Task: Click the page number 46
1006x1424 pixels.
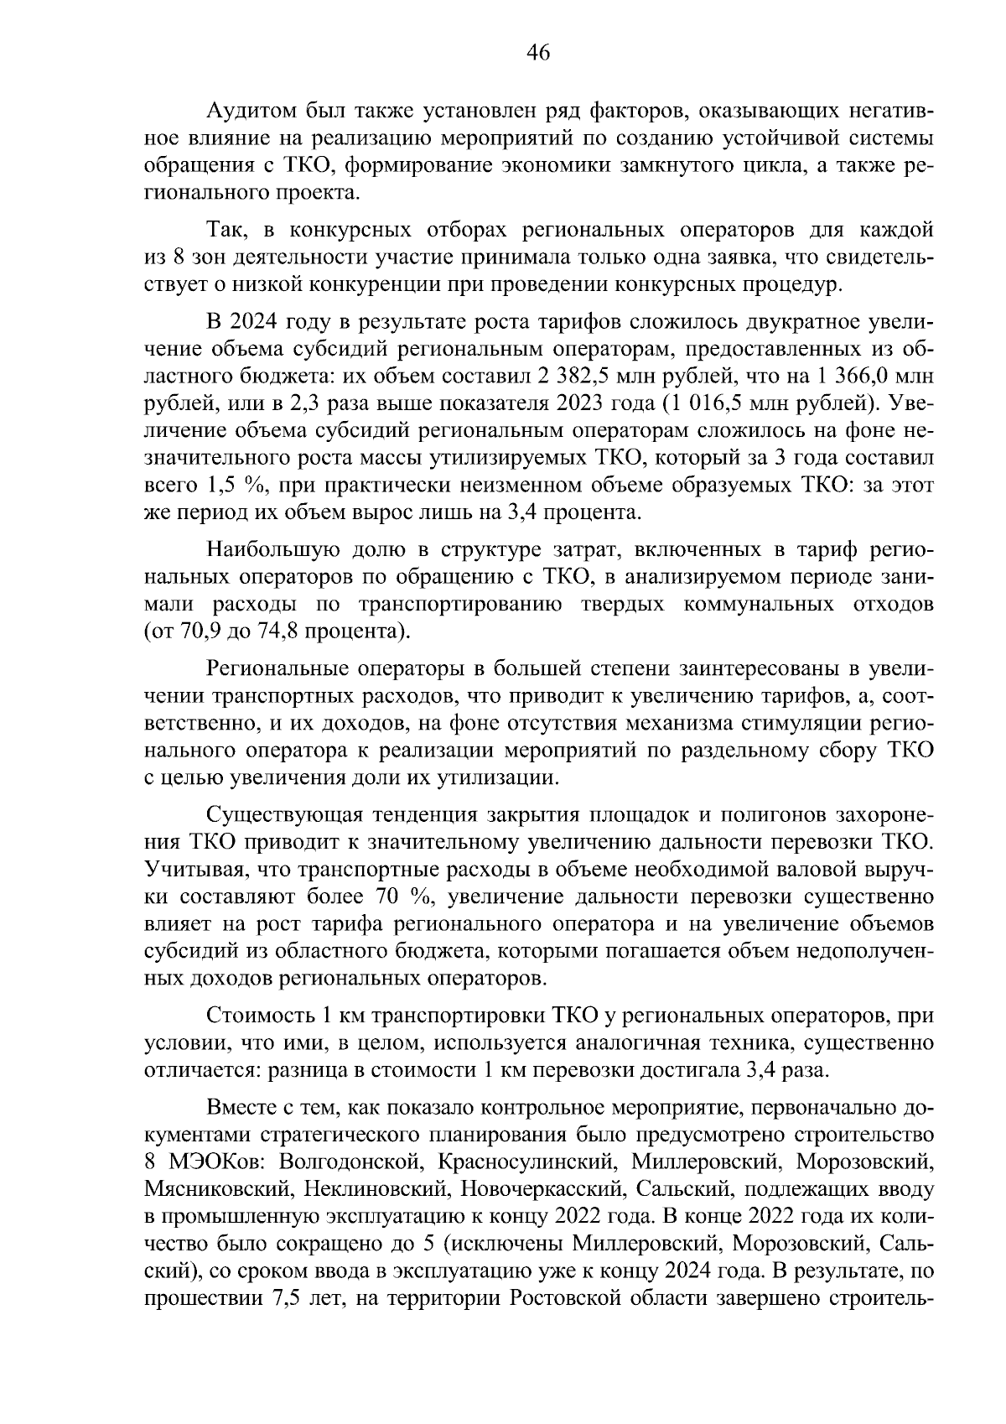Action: pyautogui.click(x=537, y=53)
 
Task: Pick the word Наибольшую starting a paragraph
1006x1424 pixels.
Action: pyautogui.click(x=273, y=549)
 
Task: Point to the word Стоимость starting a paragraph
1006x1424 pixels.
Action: pyautogui.click(x=257, y=1016)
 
